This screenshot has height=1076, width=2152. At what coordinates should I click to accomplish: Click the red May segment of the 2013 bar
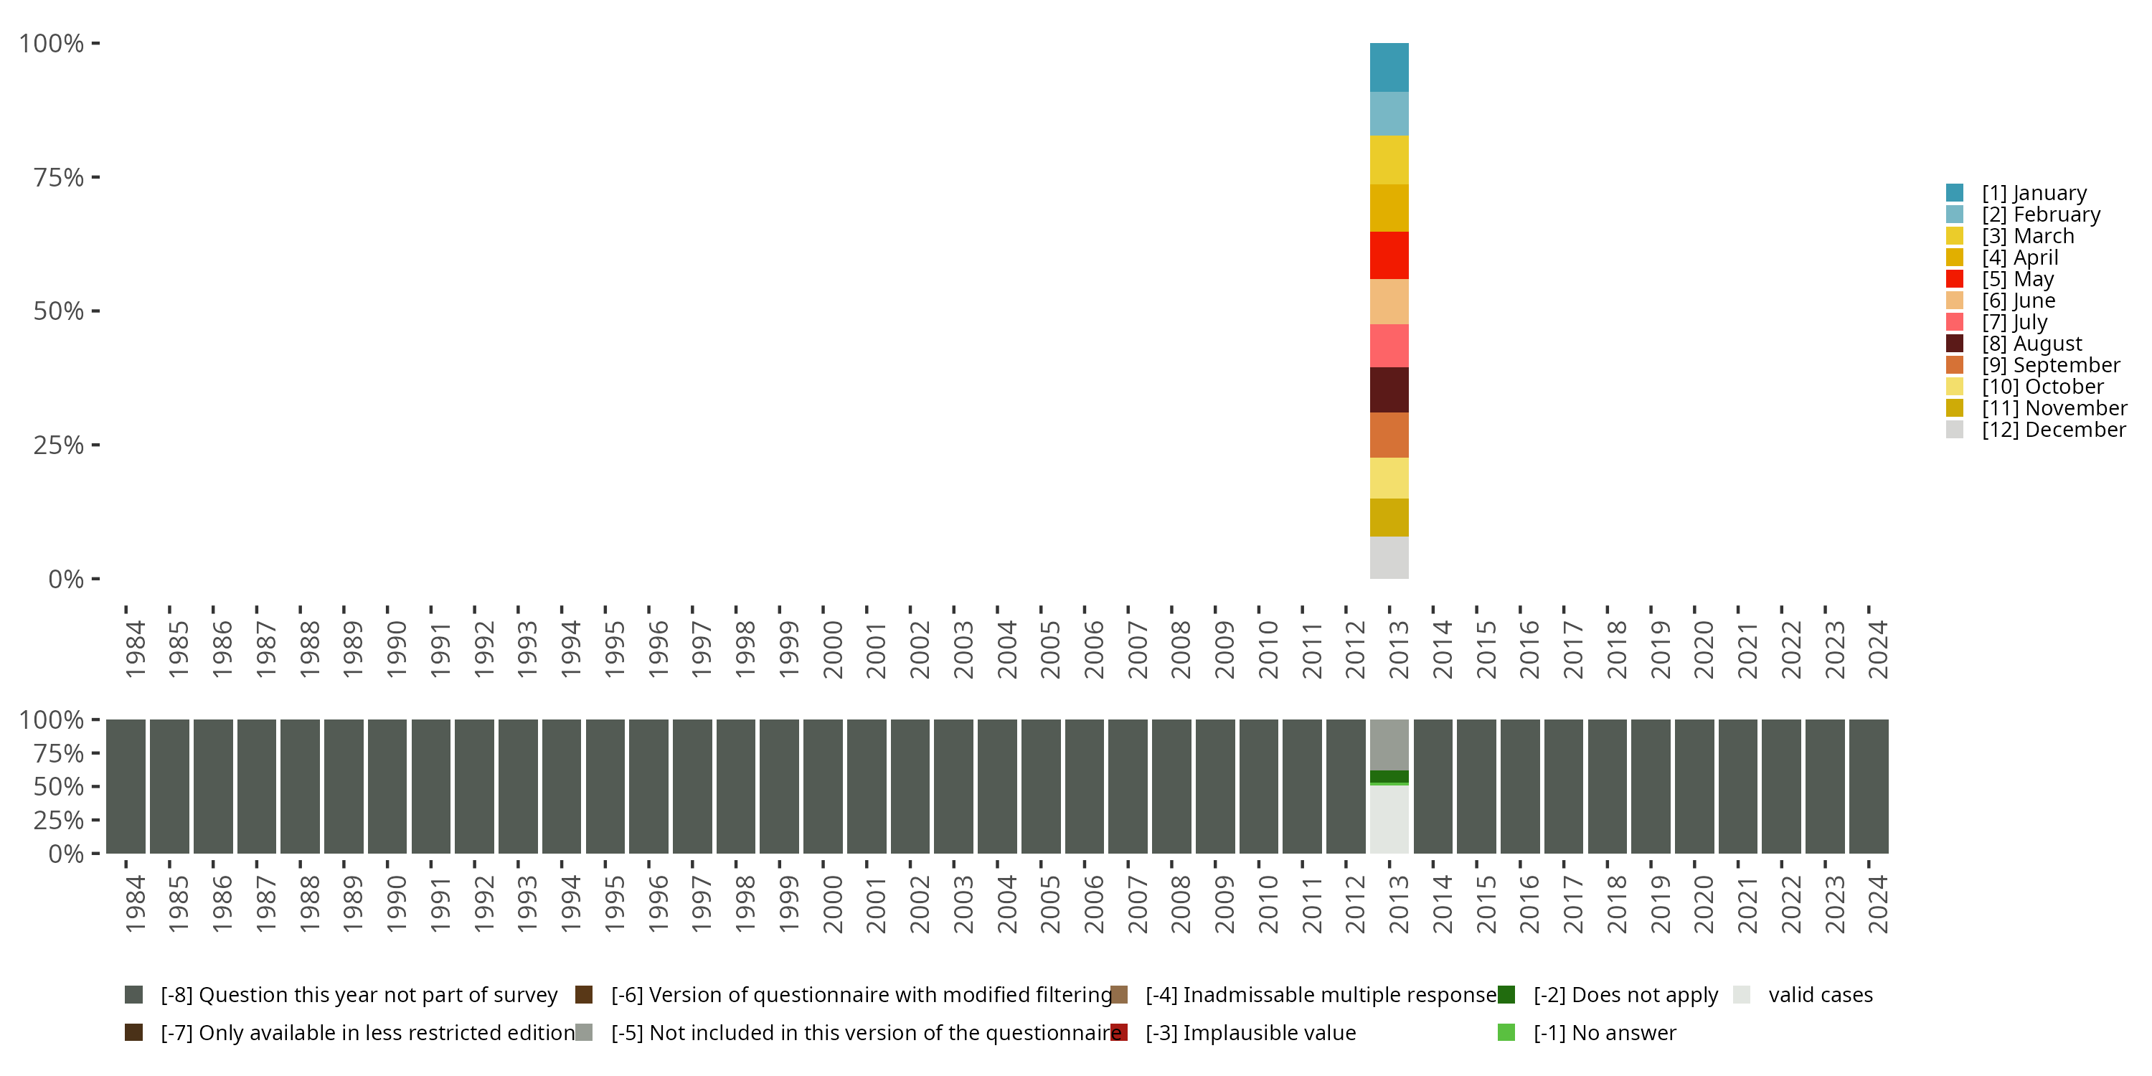click(x=1389, y=255)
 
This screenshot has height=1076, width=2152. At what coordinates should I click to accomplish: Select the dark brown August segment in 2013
click(x=1389, y=390)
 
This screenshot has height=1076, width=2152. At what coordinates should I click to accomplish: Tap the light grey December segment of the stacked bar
click(x=1389, y=557)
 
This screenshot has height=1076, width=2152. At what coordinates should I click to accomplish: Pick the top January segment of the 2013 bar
click(x=1389, y=67)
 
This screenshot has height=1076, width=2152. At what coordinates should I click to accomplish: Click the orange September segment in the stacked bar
click(x=1389, y=435)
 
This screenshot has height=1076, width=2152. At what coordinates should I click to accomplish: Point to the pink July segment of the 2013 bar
click(x=1389, y=345)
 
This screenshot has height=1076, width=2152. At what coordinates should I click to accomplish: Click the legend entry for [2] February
click(x=2040, y=214)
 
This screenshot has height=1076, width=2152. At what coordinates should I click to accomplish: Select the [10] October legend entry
click(x=2042, y=387)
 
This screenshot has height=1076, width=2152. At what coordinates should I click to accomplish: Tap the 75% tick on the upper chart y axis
click(x=59, y=177)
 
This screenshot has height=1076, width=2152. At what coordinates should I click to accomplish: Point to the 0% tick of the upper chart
click(x=66, y=579)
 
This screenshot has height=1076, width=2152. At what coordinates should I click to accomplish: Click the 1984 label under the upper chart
click(x=136, y=649)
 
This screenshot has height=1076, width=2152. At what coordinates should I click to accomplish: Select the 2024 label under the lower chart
click(x=1877, y=904)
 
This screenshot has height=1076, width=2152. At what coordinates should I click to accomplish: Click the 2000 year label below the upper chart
click(x=832, y=649)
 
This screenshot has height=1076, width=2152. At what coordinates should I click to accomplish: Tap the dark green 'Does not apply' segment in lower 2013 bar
click(x=1389, y=776)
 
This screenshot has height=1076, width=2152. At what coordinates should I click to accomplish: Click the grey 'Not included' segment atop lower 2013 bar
click(x=1389, y=745)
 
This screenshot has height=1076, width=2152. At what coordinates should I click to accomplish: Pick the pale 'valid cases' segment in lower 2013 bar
click(x=1389, y=818)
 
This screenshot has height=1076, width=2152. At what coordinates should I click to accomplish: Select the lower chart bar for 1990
click(x=387, y=786)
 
